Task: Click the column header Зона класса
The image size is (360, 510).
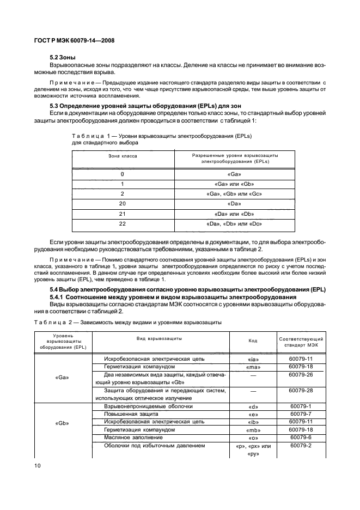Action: coord(122,156)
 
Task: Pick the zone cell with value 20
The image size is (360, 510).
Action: coord(123,204)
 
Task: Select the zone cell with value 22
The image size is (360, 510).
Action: coord(123,224)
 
